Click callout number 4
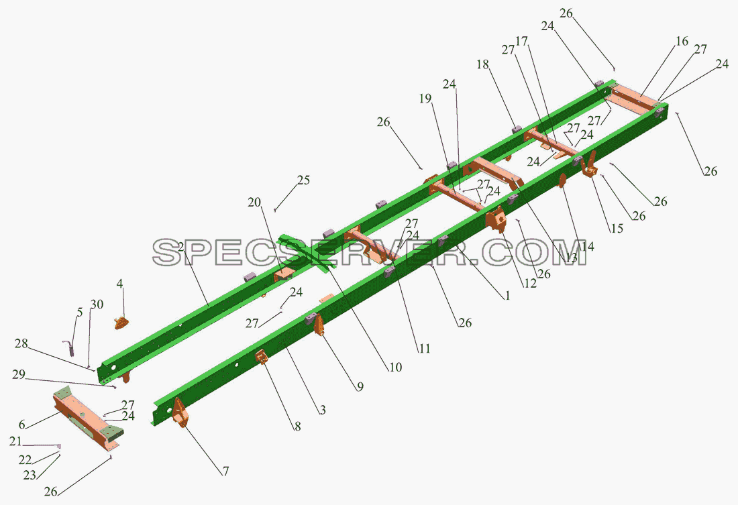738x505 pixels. [120, 284]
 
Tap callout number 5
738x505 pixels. [80, 312]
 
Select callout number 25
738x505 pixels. [303, 180]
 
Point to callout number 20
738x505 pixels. [254, 203]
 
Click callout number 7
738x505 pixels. [225, 471]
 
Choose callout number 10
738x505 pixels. [395, 367]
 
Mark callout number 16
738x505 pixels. [682, 42]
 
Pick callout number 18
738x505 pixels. [483, 64]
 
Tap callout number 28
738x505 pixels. [21, 343]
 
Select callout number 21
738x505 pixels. [15, 441]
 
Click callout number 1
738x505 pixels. [507, 296]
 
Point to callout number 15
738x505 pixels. [617, 228]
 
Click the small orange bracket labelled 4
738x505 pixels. [121, 323]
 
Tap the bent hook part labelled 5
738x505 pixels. [69, 348]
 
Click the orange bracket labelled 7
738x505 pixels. [180, 412]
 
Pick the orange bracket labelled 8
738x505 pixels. [262, 357]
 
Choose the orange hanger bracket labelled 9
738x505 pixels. [319, 325]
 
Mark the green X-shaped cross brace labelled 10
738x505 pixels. [308, 252]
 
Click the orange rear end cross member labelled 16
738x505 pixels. [633, 100]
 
